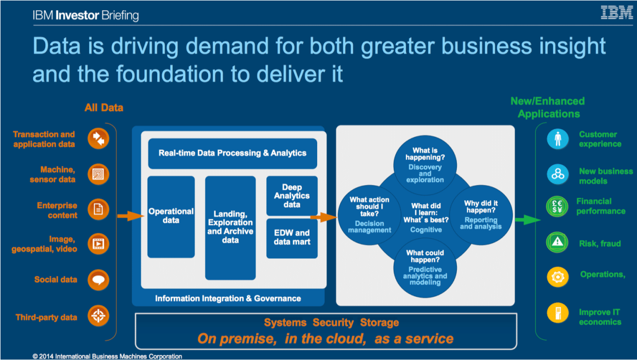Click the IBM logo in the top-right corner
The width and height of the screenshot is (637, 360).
(x=617, y=13)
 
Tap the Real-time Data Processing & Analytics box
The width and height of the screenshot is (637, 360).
(x=233, y=153)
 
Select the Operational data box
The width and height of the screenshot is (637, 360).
(x=171, y=217)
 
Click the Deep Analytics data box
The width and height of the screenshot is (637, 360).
(x=292, y=196)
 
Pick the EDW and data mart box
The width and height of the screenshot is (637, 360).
(x=292, y=238)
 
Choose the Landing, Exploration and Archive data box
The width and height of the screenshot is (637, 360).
(x=231, y=228)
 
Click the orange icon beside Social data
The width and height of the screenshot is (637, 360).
(x=98, y=280)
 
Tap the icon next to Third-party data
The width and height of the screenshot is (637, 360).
(x=98, y=316)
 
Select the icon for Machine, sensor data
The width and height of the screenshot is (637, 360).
(x=98, y=174)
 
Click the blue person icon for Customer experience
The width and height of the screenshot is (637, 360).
(x=557, y=139)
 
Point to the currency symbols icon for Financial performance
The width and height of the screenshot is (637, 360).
(x=557, y=207)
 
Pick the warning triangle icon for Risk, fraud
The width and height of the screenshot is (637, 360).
(x=557, y=242)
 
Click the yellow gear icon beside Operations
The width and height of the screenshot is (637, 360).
(x=557, y=277)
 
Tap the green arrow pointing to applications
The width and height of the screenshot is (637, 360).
(x=528, y=220)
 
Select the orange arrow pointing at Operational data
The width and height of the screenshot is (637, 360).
(x=131, y=216)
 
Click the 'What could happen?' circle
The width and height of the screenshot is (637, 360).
(x=425, y=267)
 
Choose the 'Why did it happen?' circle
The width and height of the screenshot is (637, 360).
(x=481, y=215)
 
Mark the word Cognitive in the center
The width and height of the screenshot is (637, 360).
(x=426, y=230)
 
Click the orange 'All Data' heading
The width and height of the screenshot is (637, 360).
(x=104, y=108)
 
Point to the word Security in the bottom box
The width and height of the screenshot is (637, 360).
(x=333, y=323)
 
